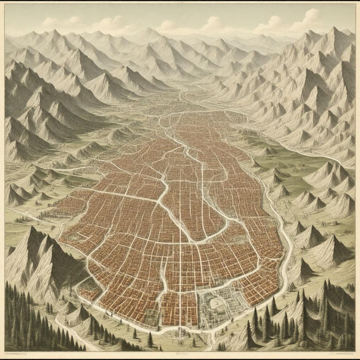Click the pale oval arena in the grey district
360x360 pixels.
tap(215, 303)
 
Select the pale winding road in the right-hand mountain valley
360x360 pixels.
tap(309, 151)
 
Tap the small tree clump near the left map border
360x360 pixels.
tap(23, 220)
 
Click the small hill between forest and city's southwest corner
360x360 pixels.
tap(79, 313)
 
